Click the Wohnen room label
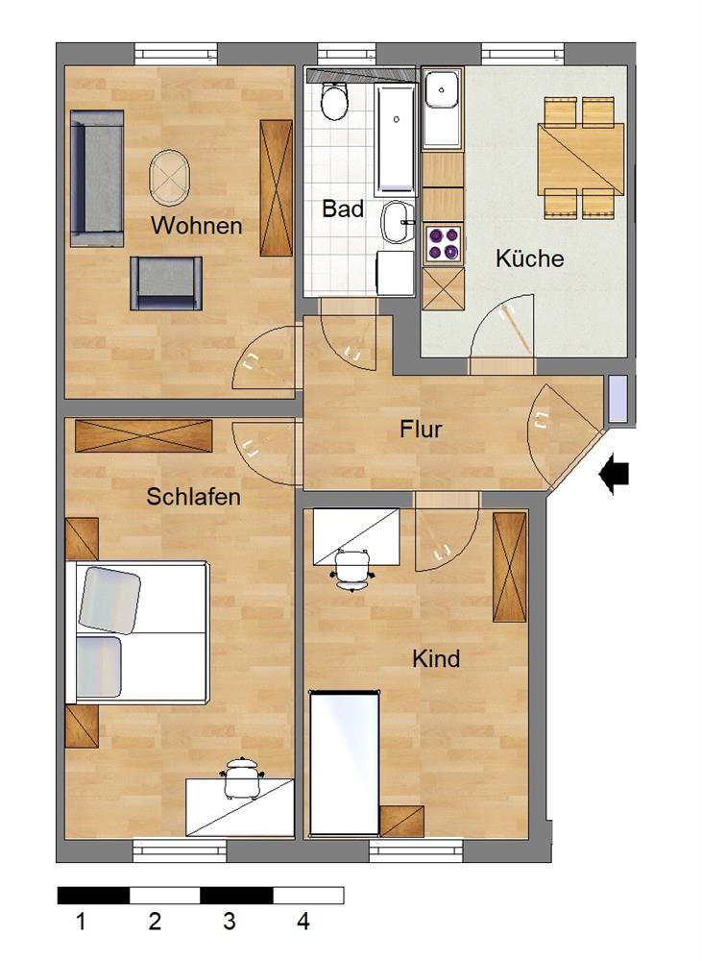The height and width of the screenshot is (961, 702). (x=196, y=227)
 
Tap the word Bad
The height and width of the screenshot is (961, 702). (x=343, y=209)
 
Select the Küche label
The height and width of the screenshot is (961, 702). (x=529, y=259)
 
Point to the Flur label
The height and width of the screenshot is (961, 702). (x=421, y=429)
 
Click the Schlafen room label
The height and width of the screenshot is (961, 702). (x=193, y=497)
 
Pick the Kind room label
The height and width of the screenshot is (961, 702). (x=436, y=659)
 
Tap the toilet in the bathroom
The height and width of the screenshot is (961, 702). (x=334, y=102)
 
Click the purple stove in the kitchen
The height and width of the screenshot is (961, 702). (x=443, y=243)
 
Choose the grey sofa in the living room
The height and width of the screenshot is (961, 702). (x=96, y=175)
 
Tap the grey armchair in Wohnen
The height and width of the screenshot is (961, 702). (x=166, y=283)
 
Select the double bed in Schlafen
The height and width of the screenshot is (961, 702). (x=136, y=632)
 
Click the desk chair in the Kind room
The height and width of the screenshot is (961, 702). (x=353, y=568)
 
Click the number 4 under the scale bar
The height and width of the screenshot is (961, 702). (x=303, y=923)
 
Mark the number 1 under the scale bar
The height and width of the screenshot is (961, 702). (x=81, y=923)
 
